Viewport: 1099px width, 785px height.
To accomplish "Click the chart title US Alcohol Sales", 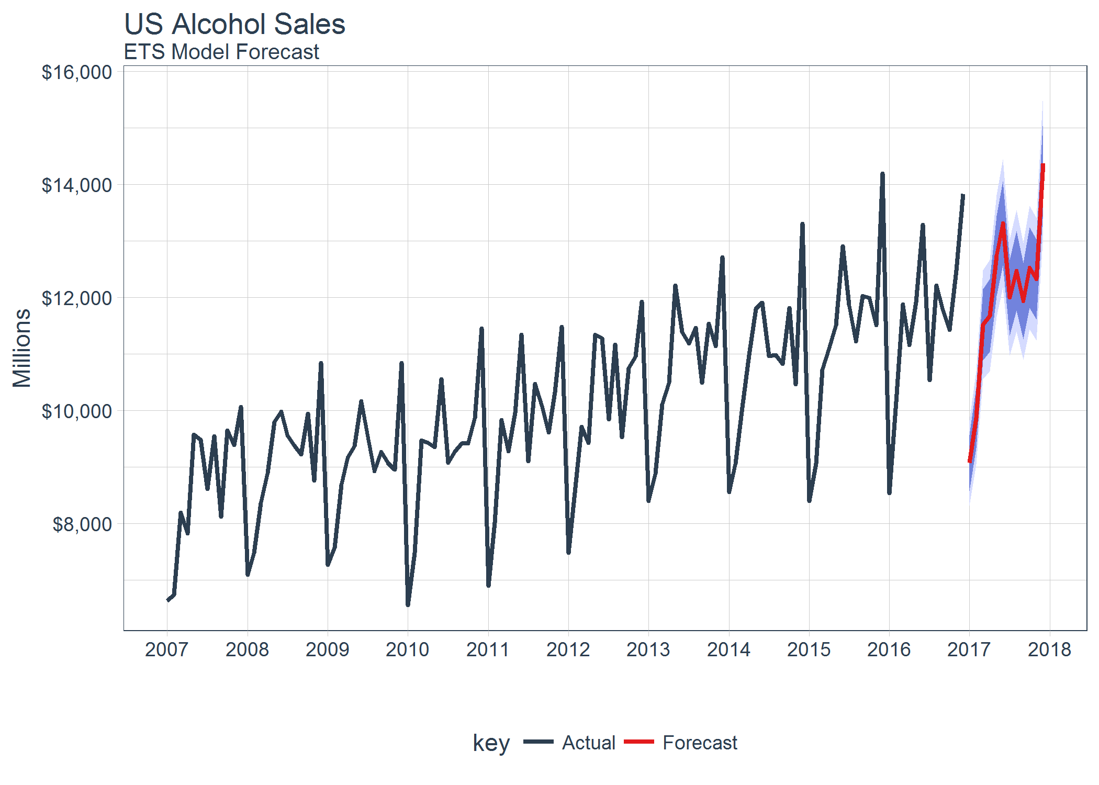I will click(x=234, y=24).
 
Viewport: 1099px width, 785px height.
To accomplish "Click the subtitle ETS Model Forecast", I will click(x=221, y=52).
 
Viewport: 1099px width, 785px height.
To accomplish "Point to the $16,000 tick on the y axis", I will click(x=77, y=72).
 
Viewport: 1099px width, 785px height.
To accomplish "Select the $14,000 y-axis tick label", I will click(x=77, y=185).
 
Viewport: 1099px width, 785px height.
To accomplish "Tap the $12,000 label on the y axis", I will click(x=77, y=298).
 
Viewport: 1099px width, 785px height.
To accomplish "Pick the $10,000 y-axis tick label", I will click(x=77, y=411).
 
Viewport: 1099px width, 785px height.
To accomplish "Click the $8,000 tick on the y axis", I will click(x=82, y=524).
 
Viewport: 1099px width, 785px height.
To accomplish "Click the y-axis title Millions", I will click(x=22, y=348).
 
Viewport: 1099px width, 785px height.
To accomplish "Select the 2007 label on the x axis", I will click(x=166, y=650).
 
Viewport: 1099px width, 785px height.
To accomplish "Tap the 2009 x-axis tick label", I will click(x=327, y=650).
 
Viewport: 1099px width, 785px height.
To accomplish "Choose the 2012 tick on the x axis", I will click(x=568, y=650).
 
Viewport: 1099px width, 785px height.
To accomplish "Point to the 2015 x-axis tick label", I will click(x=809, y=650).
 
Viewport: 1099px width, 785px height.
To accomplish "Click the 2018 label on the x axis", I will click(x=1049, y=650).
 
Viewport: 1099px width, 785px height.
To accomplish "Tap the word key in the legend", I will click(x=491, y=743).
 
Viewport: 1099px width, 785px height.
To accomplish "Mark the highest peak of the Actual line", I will click(x=882, y=173).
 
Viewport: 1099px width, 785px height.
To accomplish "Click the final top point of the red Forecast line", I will click(x=1043, y=165).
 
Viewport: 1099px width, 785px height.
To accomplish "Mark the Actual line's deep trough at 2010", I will click(x=408, y=605).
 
